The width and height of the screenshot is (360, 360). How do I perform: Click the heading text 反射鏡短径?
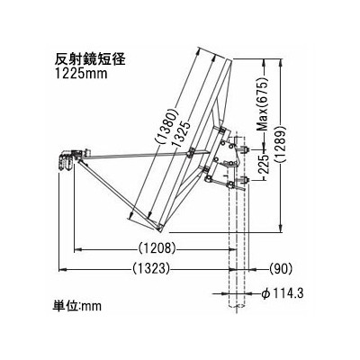[89, 59]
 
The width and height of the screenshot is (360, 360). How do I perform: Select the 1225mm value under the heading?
[81, 73]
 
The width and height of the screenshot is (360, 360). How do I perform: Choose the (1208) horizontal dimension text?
[157, 248]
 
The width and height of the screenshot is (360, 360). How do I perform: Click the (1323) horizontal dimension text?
[151, 269]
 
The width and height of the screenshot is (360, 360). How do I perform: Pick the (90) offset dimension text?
[281, 269]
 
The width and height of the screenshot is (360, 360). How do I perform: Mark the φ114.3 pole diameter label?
[283, 293]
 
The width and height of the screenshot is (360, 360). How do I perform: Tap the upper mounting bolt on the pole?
[246, 149]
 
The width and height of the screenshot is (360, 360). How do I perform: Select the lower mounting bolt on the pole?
[246, 180]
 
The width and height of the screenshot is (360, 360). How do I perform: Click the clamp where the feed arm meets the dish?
[190, 153]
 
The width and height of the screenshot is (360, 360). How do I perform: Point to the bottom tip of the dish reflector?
[159, 230]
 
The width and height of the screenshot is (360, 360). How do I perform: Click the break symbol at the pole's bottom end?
[237, 306]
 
